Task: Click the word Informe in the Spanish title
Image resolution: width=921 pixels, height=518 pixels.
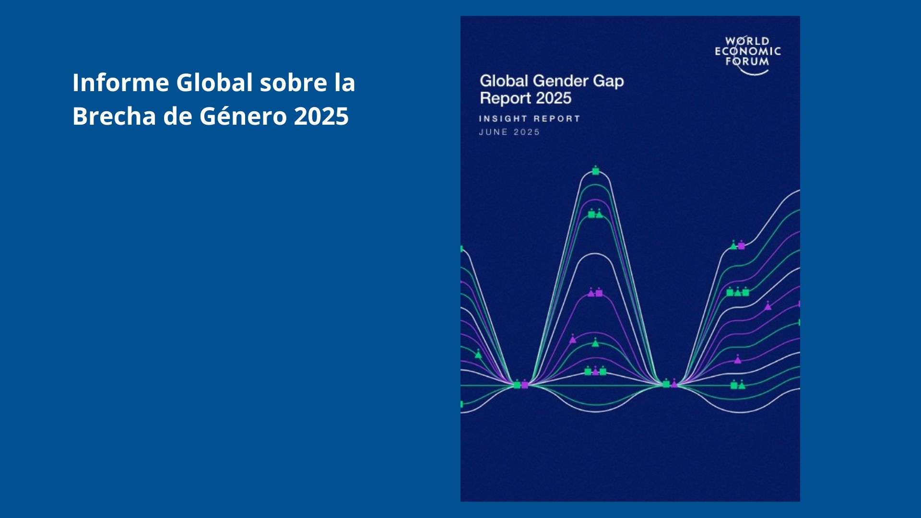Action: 120,82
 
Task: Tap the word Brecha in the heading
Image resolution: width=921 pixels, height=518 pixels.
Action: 114,116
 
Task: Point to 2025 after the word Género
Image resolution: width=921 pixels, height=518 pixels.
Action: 321,116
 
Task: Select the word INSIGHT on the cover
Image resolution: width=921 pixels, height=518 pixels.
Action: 503,118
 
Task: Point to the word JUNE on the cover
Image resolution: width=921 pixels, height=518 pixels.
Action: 493,132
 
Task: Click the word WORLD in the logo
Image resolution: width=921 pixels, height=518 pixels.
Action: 747,41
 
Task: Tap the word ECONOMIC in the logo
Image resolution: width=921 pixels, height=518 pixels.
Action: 748,51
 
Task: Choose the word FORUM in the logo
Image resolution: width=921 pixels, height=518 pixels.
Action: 747,61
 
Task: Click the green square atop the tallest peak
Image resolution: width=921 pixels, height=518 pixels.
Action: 595,171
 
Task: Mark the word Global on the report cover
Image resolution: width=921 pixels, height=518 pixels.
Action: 504,81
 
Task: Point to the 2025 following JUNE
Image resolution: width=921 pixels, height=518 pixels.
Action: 527,132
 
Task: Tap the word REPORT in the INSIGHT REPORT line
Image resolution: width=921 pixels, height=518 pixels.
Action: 557,118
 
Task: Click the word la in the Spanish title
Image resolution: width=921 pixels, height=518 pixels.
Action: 345,82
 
